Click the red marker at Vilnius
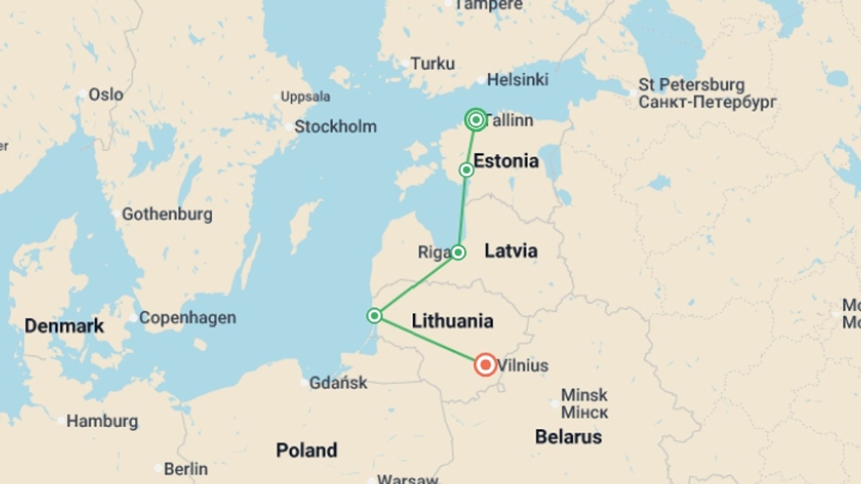coord(485,365)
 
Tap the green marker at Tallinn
coord(476,120)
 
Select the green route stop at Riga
coord(458,253)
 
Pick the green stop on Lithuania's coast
coord(374,316)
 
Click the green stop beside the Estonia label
coord(466,170)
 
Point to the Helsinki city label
coord(517,80)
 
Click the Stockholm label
coord(335,127)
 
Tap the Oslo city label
coord(106,95)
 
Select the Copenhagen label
coord(187,318)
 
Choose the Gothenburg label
coord(167,214)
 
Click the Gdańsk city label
coord(338,383)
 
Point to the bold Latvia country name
coord(511,251)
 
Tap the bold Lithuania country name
coord(452,321)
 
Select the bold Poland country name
coord(307,450)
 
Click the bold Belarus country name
coord(569,437)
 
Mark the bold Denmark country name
coord(64,326)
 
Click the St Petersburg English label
coord(691,85)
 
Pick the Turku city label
coord(433,64)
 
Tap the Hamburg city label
coord(102,421)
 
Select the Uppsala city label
coord(305,97)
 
